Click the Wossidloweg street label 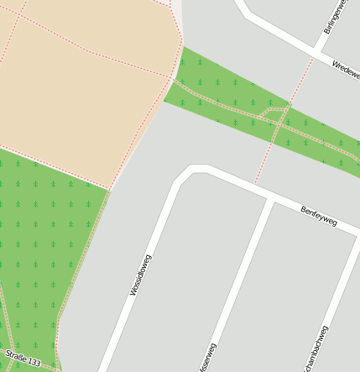pos(138,275)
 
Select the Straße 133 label pos(23,358)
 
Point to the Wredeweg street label pos(346,71)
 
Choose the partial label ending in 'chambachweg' pos(316,348)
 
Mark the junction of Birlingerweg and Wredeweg pos(316,55)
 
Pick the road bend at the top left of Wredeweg pos(244,10)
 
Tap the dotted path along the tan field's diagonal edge pos(138,143)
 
